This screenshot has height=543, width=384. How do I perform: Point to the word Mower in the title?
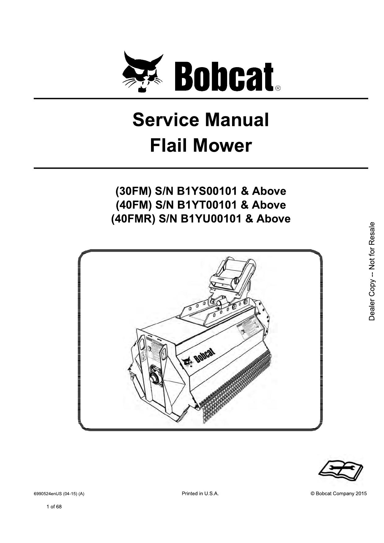227,146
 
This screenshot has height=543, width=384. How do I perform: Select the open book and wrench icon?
341,472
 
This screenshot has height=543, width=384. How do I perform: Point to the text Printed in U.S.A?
200,493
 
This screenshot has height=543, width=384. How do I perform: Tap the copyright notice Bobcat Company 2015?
339,493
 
